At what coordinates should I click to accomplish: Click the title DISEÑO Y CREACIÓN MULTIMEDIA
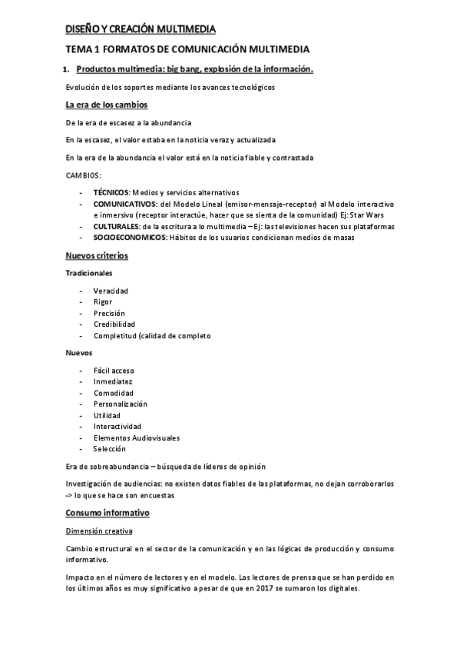click(x=141, y=30)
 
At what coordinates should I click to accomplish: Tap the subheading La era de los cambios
click(x=107, y=105)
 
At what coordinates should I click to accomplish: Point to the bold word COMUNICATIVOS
click(x=124, y=204)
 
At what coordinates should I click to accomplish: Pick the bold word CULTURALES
click(x=116, y=227)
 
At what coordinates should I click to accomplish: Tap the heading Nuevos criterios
click(x=97, y=256)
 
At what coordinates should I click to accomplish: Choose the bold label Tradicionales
click(x=89, y=273)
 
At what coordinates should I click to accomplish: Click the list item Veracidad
click(x=111, y=291)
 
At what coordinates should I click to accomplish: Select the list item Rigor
click(x=103, y=302)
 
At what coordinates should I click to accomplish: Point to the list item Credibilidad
click(x=114, y=324)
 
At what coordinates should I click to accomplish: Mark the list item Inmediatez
click(x=113, y=381)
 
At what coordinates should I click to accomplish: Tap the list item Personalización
click(x=120, y=404)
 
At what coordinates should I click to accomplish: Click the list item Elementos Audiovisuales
click(x=136, y=437)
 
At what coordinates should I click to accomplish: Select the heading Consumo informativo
click(x=108, y=512)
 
